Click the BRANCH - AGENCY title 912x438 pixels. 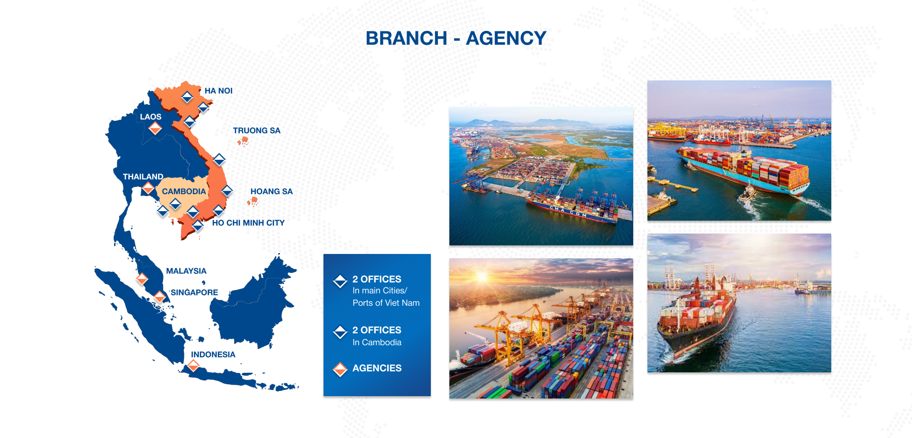(456, 38)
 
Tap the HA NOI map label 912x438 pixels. (218, 91)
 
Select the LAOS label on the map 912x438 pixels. (151, 117)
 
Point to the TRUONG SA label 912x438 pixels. (256, 130)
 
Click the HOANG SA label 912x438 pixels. (272, 191)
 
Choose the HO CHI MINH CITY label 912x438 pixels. (248, 223)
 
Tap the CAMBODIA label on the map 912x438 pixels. (184, 191)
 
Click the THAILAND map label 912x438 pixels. (143, 176)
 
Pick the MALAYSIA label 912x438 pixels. (186, 271)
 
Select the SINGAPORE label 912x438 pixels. (194, 292)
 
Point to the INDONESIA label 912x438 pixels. (213, 354)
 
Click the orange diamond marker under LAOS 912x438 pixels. (155, 128)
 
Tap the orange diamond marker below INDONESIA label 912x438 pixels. (193, 366)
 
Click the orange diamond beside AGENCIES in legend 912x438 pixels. (340, 369)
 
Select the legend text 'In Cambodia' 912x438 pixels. (377, 342)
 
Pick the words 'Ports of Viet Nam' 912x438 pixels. (386, 303)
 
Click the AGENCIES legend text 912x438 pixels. (377, 368)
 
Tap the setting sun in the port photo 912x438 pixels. (482, 277)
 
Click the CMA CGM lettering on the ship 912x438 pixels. (568, 212)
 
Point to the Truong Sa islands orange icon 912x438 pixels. (243, 141)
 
